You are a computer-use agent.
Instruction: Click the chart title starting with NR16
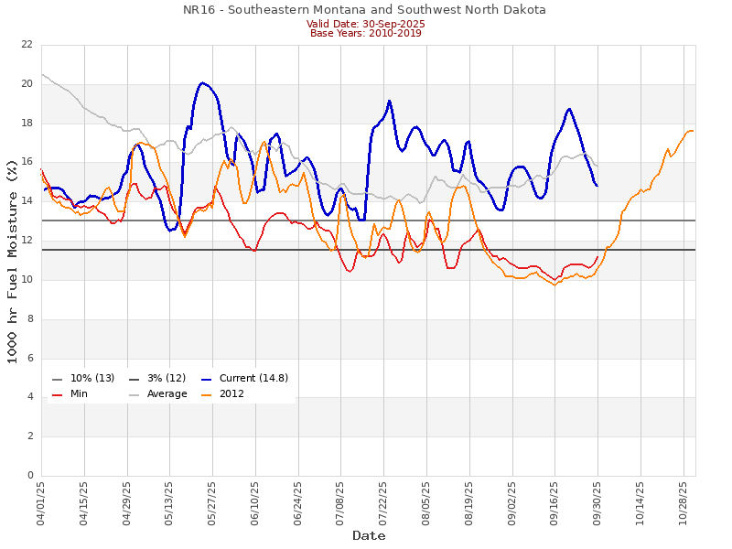coord(365,10)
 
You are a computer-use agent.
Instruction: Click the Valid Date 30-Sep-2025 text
coord(365,24)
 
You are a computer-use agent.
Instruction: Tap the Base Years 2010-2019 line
coord(365,33)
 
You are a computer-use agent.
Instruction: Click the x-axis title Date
coord(369,535)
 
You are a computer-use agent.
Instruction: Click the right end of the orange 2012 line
coord(693,130)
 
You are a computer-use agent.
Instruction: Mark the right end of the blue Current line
coord(597,186)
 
